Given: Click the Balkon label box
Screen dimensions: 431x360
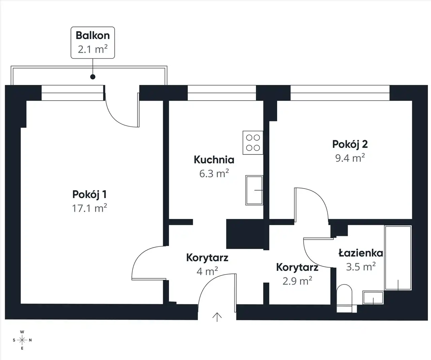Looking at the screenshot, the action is coord(93,42).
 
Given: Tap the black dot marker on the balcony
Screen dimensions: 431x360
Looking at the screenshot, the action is coord(93,77).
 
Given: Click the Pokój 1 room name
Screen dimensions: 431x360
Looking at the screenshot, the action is coord(89,195).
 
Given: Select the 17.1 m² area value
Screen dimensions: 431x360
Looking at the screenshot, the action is coord(89,208).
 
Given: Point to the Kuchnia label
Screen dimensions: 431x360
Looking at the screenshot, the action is coord(214,160).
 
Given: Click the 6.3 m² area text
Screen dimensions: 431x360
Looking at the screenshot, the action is coord(214,173).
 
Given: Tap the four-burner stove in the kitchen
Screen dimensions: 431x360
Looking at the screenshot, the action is coord(253,143).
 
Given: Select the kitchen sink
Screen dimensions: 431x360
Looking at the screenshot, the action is coord(254,190).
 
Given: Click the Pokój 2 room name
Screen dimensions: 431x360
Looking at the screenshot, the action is coord(350,145).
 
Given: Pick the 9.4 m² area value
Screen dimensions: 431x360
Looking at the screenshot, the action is coord(350,158).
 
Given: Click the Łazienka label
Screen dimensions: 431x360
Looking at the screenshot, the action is coord(361,253).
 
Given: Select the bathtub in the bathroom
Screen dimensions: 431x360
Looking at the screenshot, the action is coord(398,258).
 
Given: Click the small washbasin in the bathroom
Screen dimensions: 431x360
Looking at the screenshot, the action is coord(373,298).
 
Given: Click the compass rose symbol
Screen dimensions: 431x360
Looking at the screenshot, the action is coord(22,340).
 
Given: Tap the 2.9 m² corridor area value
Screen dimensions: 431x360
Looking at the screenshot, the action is coord(297,281).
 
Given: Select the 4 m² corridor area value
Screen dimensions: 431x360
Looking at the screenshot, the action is coord(207,271).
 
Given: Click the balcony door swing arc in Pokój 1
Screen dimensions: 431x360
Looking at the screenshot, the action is coord(118,118).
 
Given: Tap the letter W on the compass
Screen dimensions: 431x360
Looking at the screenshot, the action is coord(22,332).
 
